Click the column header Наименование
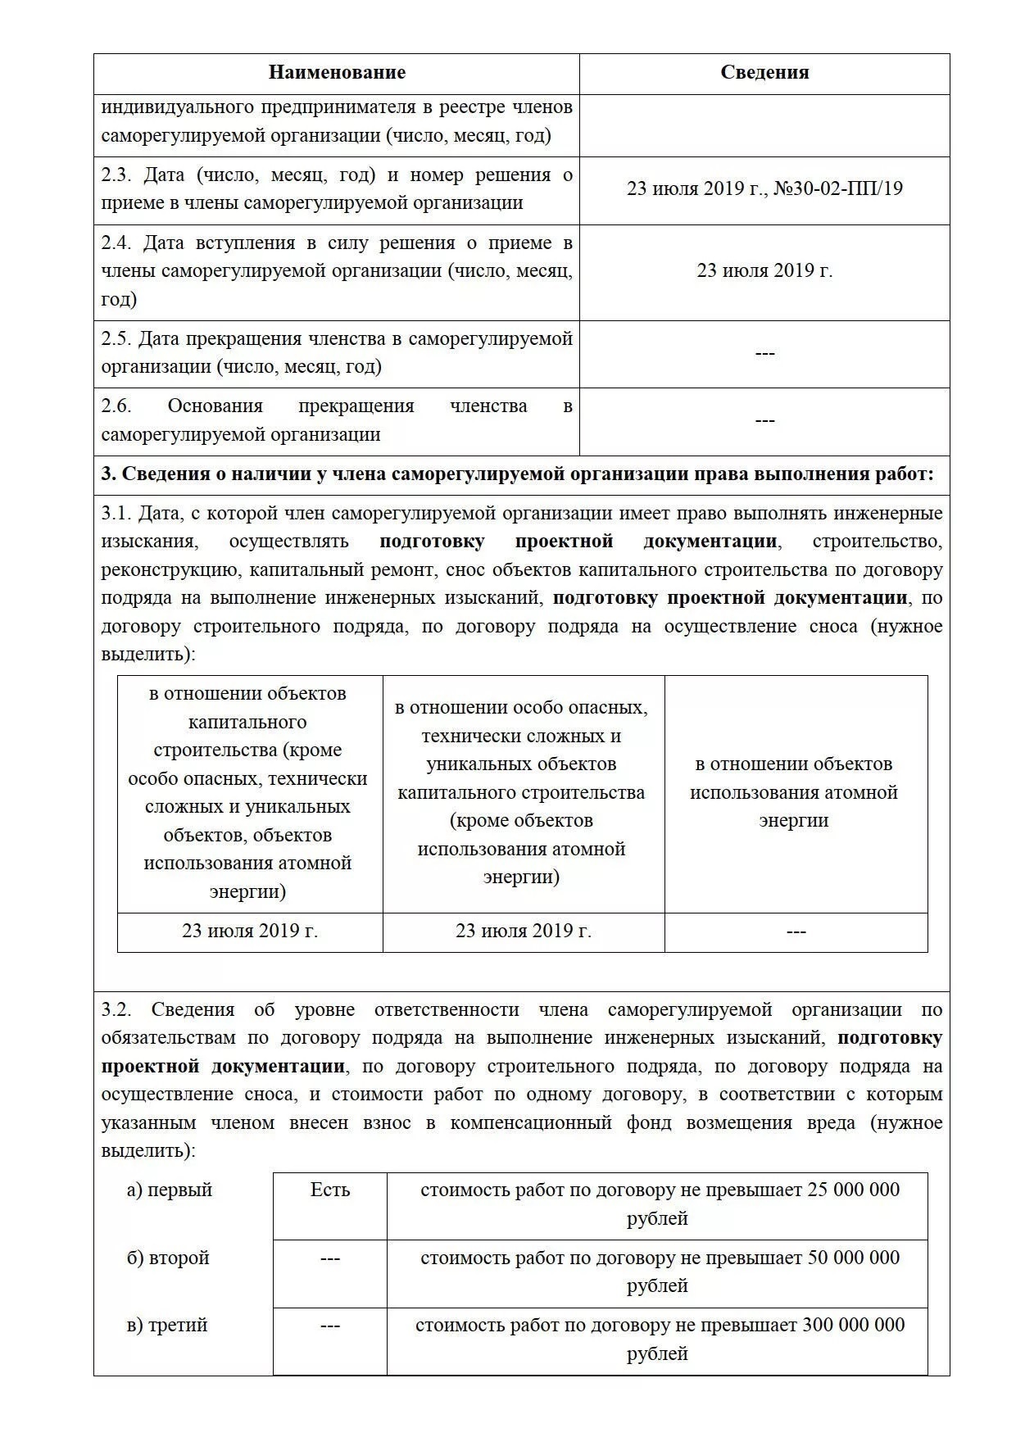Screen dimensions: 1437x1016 (x=337, y=73)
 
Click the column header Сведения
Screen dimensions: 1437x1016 (x=764, y=73)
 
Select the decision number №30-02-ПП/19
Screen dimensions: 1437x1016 (x=837, y=189)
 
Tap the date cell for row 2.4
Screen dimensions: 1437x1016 (x=764, y=271)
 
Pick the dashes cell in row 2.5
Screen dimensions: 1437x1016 (x=764, y=353)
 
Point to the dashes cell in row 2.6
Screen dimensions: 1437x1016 (x=764, y=421)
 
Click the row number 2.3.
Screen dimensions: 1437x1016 (x=116, y=175)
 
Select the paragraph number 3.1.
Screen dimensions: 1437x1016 (x=116, y=514)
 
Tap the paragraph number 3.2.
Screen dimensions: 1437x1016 (x=116, y=1010)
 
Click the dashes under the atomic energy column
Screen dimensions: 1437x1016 (x=796, y=932)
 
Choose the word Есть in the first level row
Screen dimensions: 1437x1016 (x=329, y=1190)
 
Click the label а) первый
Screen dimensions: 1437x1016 (x=169, y=1190)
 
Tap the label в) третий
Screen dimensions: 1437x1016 (x=166, y=1326)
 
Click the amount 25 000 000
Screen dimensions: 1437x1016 (x=853, y=1190)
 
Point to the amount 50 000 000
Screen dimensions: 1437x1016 (x=853, y=1258)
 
